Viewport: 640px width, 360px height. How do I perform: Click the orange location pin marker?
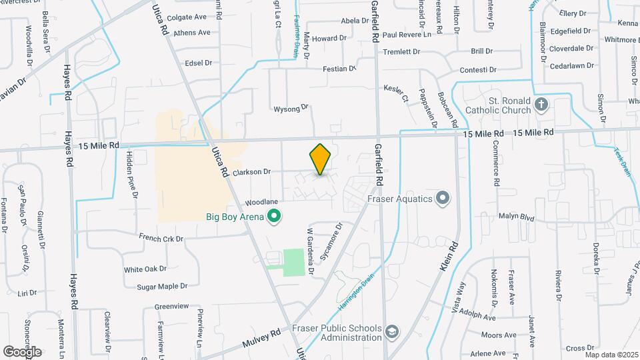[321, 159]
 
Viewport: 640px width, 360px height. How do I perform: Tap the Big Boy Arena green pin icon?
[273, 215]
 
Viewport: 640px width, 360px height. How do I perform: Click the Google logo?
[22, 351]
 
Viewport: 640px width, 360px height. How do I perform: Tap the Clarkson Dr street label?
[251, 171]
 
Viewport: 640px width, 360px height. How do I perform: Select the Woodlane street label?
[261, 201]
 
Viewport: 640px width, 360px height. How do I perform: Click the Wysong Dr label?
[291, 107]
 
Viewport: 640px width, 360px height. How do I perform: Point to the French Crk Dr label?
[161, 238]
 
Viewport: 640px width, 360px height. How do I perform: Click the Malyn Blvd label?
[517, 217]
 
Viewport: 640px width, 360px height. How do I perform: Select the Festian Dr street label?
[339, 68]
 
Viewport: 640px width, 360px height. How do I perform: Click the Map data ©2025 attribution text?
[611, 355]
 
